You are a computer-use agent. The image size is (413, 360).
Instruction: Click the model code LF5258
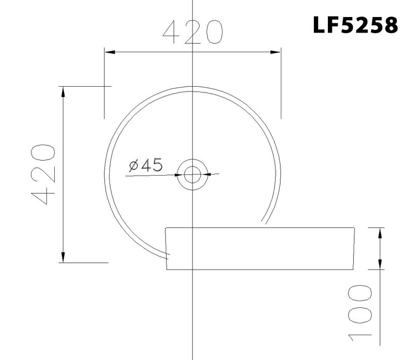(356, 24)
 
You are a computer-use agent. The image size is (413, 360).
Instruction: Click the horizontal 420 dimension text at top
(192, 33)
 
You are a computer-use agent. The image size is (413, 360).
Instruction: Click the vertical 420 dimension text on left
(43, 175)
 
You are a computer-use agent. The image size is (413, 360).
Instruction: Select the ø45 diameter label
(146, 165)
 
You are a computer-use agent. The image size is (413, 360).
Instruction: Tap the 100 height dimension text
(359, 313)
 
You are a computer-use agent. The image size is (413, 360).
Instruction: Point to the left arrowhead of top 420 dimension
(108, 52)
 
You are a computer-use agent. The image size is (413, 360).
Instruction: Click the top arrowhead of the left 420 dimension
(63, 91)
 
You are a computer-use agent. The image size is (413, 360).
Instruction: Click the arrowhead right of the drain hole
(209, 174)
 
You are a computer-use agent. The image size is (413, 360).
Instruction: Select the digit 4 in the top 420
(171, 33)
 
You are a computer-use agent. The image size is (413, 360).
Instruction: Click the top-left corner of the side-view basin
(165, 227)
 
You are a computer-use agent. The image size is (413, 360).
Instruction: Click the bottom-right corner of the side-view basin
(352, 269)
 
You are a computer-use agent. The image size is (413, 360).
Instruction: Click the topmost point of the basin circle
(192, 87)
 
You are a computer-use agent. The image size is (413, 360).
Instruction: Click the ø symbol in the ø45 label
(133, 166)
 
